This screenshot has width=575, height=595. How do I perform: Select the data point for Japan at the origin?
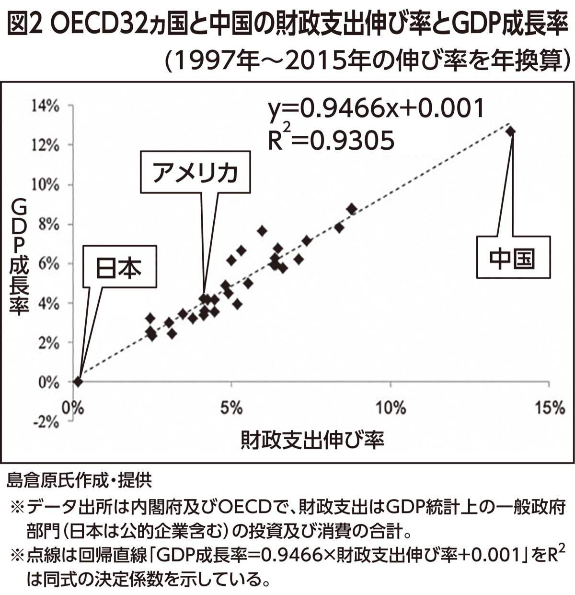click(x=78, y=381)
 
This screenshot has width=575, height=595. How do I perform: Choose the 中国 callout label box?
click(x=512, y=258)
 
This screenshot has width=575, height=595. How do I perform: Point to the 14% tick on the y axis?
click(x=46, y=106)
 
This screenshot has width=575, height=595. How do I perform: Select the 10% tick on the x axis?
click(x=391, y=408)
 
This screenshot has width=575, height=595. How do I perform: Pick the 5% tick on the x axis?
click(x=232, y=408)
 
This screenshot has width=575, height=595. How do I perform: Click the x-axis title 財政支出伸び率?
click(x=312, y=439)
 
